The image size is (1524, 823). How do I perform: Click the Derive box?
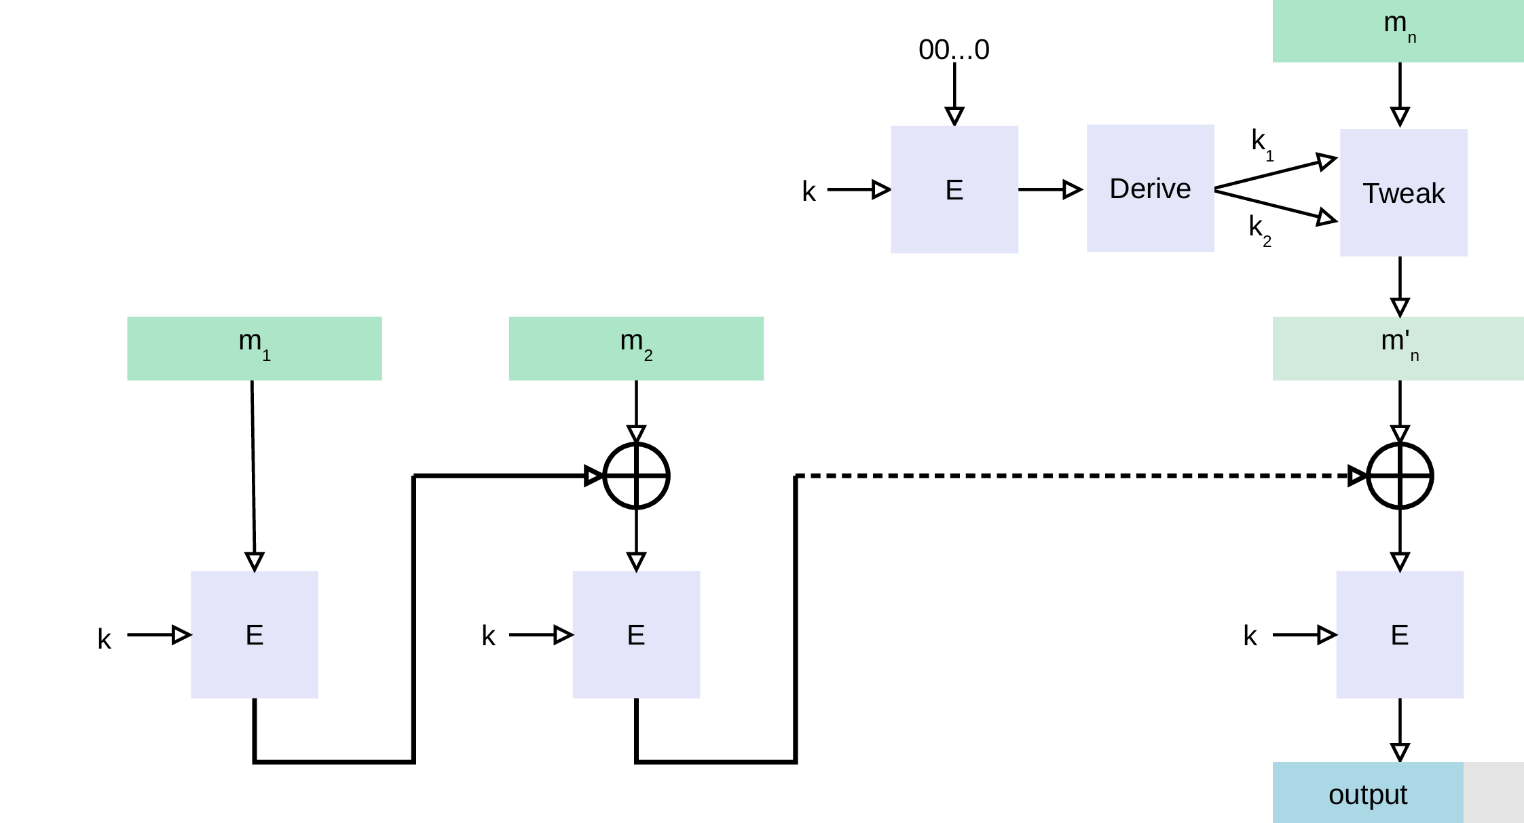pyautogui.click(x=1150, y=188)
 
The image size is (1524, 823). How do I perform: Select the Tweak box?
pyautogui.click(x=1403, y=193)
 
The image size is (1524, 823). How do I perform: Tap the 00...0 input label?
pyautogui.click(x=954, y=50)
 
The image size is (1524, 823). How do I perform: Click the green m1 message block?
pyautogui.click(x=255, y=348)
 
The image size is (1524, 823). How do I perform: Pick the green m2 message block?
pyautogui.click(x=636, y=348)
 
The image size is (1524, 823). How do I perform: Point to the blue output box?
pyautogui.click(x=1368, y=792)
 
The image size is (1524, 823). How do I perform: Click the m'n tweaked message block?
pyautogui.click(x=1398, y=348)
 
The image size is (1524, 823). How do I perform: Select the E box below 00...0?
pyautogui.click(x=954, y=189)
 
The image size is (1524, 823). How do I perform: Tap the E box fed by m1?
pyautogui.click(x=255, y=634)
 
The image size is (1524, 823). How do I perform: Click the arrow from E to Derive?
pyautogui.click(x=1050, y=189)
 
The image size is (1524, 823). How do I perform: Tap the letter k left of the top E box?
pyautogui.click(x=809, y=191)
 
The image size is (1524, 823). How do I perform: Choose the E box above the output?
pyautogui.click(x=1400, y=634)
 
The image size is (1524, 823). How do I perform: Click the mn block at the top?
pyautogui.click(x=1398, y=31)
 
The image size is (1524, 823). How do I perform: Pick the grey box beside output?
pyautogui.click(x=1493, y=792)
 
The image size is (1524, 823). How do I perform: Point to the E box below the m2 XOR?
pyautogui.click(x=636, y=634)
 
